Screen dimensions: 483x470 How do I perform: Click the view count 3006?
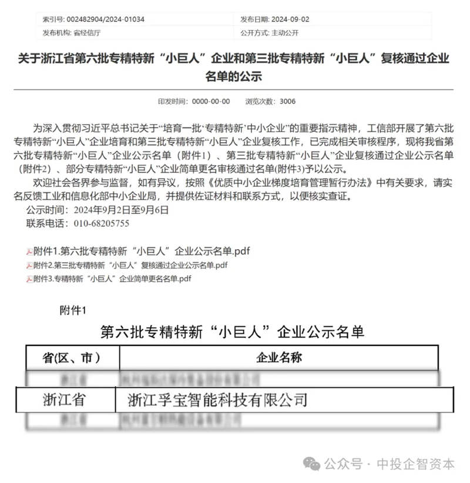(x=287, y=102)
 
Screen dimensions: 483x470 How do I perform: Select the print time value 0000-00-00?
(x=211, y=102)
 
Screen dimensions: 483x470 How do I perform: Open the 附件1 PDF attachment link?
(x=142, y=251)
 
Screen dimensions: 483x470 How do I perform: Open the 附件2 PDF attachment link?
(x=130, y=266)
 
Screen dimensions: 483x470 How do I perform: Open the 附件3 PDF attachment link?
(x=112, y=279)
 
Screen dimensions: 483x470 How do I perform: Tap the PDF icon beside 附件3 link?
(x=29, y=280)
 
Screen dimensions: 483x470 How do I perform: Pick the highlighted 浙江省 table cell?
(x=64, y=400)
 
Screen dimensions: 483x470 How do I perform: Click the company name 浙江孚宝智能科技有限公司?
(x=217, y=400)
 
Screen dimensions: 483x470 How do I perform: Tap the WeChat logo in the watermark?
(x=312, y=464)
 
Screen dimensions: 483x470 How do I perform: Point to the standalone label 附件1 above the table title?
(x=73, y=310)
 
